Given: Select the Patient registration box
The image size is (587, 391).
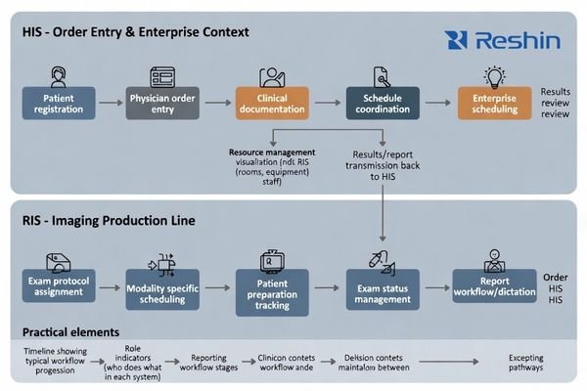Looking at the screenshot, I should pos(58,105).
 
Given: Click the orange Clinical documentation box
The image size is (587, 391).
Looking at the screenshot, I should pos(272,105).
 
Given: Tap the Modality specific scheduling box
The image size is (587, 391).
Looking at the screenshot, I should pos(162,289).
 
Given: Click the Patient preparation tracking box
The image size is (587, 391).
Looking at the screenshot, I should pos(272,295).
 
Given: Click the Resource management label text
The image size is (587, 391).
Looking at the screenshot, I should pos(272,153).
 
